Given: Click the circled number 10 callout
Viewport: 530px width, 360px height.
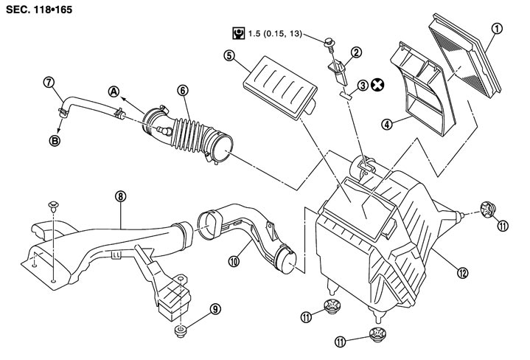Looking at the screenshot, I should [x=234, y=260].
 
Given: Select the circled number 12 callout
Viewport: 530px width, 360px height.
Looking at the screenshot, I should [x=463, y=273].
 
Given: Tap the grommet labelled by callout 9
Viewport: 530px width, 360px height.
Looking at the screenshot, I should [x=181, y=330].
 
